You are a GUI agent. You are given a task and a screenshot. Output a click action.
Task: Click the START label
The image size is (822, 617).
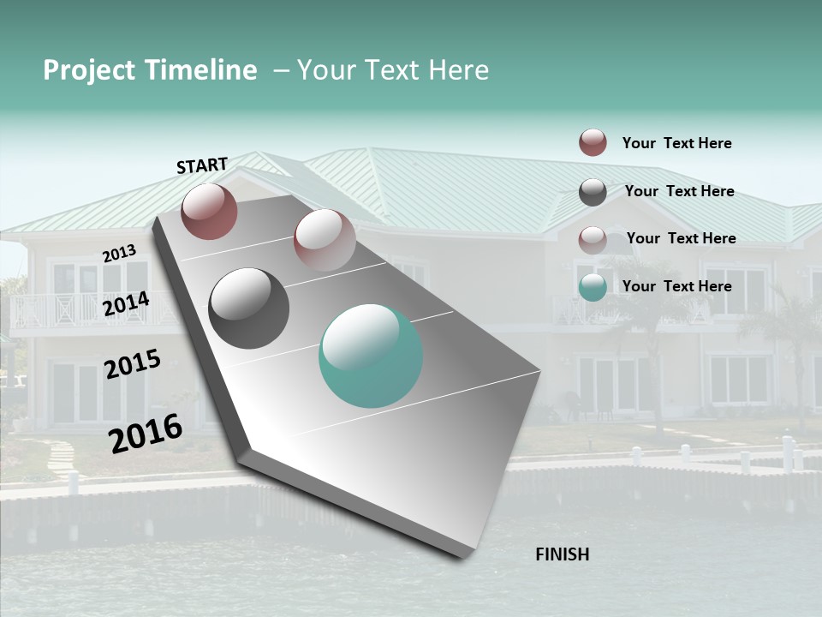coord(202,165)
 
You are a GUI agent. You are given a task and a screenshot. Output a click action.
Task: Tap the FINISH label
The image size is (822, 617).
coord(562,554)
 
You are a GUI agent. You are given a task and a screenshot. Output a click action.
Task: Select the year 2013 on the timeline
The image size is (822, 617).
coord(119,254)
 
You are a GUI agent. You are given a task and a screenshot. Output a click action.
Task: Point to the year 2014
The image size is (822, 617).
coord(126,304)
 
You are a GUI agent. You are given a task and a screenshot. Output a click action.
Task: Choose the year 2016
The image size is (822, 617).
coord(146,434)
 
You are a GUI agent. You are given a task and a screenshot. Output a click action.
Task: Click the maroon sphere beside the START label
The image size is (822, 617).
coord(209,211)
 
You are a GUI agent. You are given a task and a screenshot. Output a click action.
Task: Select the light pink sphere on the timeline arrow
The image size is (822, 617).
coord(324,240)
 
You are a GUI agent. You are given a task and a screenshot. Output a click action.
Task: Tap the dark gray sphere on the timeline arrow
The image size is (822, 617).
coord(248,308)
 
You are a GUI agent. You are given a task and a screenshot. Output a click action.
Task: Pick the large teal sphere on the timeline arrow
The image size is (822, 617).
coord(371,356)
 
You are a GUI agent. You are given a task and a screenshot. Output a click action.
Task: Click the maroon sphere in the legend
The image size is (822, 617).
coord(593,142)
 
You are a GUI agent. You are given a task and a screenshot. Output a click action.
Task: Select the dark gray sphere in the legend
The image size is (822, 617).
coord(593,192)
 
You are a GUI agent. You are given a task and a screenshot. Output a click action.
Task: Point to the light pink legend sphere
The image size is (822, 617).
coord(593,240)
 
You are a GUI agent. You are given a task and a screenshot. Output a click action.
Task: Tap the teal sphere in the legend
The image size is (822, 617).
coord(593,288)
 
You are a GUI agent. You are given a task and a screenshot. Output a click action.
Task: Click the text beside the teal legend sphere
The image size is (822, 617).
coord(676,286)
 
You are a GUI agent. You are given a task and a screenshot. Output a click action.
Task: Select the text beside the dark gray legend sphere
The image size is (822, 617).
coord(679,191)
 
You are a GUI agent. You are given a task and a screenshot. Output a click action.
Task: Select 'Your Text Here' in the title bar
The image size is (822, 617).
coord(392,70)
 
